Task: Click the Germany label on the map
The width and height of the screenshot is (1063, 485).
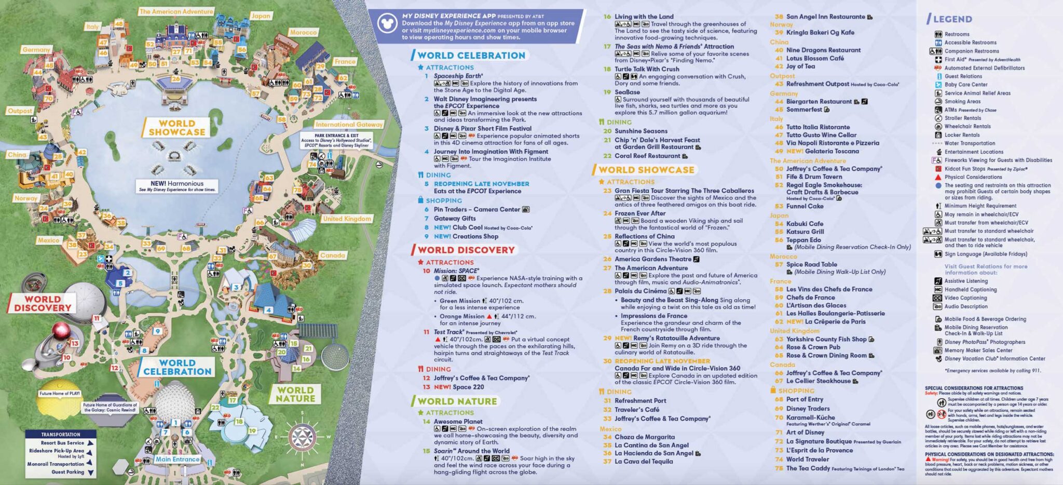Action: (x=36, y=50)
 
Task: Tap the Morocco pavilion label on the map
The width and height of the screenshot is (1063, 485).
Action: (x=303, y=32)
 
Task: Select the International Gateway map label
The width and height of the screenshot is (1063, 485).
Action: (x=349, y=125)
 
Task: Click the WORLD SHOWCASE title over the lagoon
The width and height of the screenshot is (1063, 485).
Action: (x=176, y=128)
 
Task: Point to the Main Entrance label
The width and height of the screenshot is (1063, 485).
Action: (x=178, y=459)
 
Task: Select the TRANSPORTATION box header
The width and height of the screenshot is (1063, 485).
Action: (x=61, y=434)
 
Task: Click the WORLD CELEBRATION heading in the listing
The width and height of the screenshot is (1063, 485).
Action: (x=471, y=56)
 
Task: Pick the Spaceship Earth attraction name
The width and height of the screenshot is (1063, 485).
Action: (x=458, y=76)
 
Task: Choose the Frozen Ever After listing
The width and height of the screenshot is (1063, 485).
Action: (x=640, y=213)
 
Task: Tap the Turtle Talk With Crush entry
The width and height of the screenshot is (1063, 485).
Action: (x=647, y=69)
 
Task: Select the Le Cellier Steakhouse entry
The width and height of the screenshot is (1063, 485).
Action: (x=818, y=381)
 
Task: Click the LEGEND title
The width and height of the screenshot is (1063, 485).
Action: (x=952, y=19)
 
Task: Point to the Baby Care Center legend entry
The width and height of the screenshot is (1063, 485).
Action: (x=965, y=85)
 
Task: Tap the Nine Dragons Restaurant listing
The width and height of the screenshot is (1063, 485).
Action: (x=823, y=50)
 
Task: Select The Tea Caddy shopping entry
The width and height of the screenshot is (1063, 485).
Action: (x=808, y=468)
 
